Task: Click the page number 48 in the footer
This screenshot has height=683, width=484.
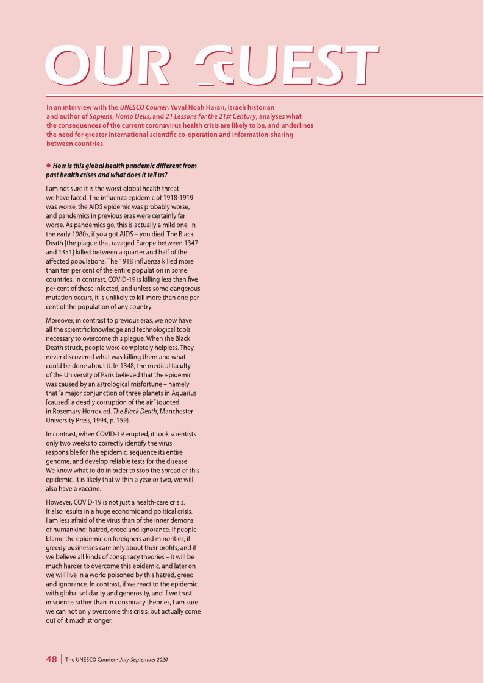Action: point(52,659)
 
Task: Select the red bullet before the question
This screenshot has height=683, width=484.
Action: point(48,166)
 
